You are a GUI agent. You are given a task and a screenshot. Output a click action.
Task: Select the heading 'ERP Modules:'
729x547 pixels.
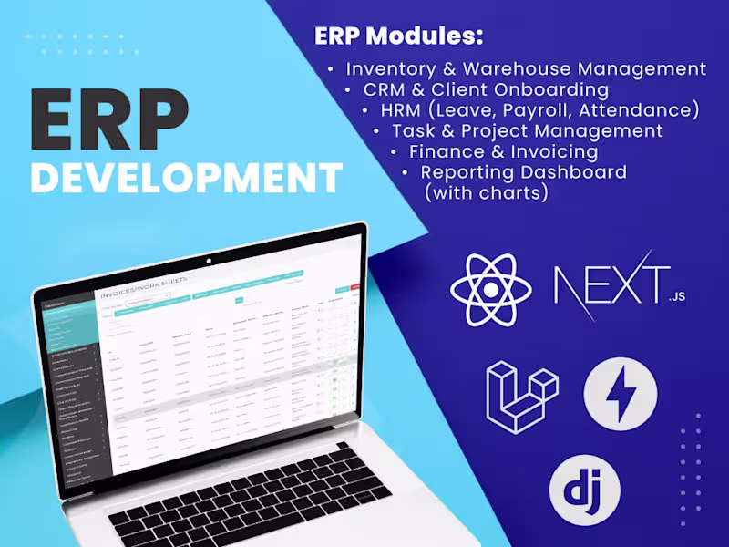point(398,36)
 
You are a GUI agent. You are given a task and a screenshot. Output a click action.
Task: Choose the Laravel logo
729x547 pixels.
point(521,397)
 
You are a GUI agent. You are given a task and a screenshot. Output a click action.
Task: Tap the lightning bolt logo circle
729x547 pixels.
point(621,394)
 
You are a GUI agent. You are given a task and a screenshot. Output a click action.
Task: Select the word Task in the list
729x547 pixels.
point(412,131)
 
